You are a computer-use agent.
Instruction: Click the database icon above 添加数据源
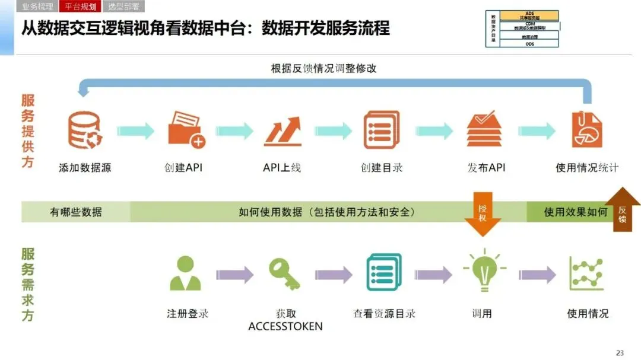pos(85,130)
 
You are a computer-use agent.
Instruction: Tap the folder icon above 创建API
pos(186,129)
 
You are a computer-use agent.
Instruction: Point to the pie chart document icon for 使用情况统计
pos(586,129)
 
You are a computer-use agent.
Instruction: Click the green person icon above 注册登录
pos(185,274)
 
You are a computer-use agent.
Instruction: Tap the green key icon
pos(284,273)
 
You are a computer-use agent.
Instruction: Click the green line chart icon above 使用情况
pos(586,273)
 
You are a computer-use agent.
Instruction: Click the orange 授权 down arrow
pos(483,214)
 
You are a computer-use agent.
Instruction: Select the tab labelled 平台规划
pos(80,7)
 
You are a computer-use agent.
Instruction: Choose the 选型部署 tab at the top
pos(123,7)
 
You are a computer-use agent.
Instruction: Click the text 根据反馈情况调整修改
pos(323,68)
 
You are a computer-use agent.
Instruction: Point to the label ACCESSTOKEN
pos(285,327)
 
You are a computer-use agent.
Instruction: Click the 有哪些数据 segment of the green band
pos(75,212)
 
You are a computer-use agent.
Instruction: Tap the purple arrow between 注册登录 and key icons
pos(234,275)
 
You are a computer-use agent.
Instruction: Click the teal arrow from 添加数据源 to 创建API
pos(135,132)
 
